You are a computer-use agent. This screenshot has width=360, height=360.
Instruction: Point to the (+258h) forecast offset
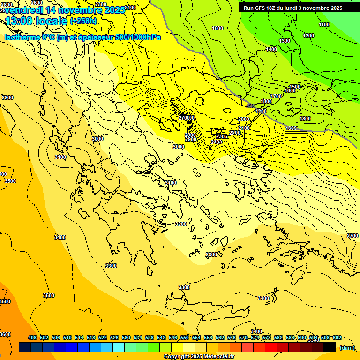(83, 21)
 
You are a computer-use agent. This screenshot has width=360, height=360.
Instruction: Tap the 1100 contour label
(324, 24)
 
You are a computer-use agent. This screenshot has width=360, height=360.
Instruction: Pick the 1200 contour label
(308, 36)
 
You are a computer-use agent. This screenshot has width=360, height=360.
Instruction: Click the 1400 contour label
(271, 49)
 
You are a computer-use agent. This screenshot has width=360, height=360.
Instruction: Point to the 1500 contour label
(295, 87)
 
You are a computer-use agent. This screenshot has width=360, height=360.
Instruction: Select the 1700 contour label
(277, 96)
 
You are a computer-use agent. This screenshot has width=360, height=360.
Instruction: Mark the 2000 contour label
(244, 119)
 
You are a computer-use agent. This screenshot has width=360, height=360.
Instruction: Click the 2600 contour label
(37, 3)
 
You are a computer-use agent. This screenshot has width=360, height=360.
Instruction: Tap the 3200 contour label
(181, 224)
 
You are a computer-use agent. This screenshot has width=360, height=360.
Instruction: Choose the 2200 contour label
(235, 133)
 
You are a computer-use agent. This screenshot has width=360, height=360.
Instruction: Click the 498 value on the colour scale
(32, 337)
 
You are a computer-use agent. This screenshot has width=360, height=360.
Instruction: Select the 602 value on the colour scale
(337, 337)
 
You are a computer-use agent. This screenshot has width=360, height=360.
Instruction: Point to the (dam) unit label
(346, 347)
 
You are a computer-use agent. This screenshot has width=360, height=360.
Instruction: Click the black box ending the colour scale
(330, 347)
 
